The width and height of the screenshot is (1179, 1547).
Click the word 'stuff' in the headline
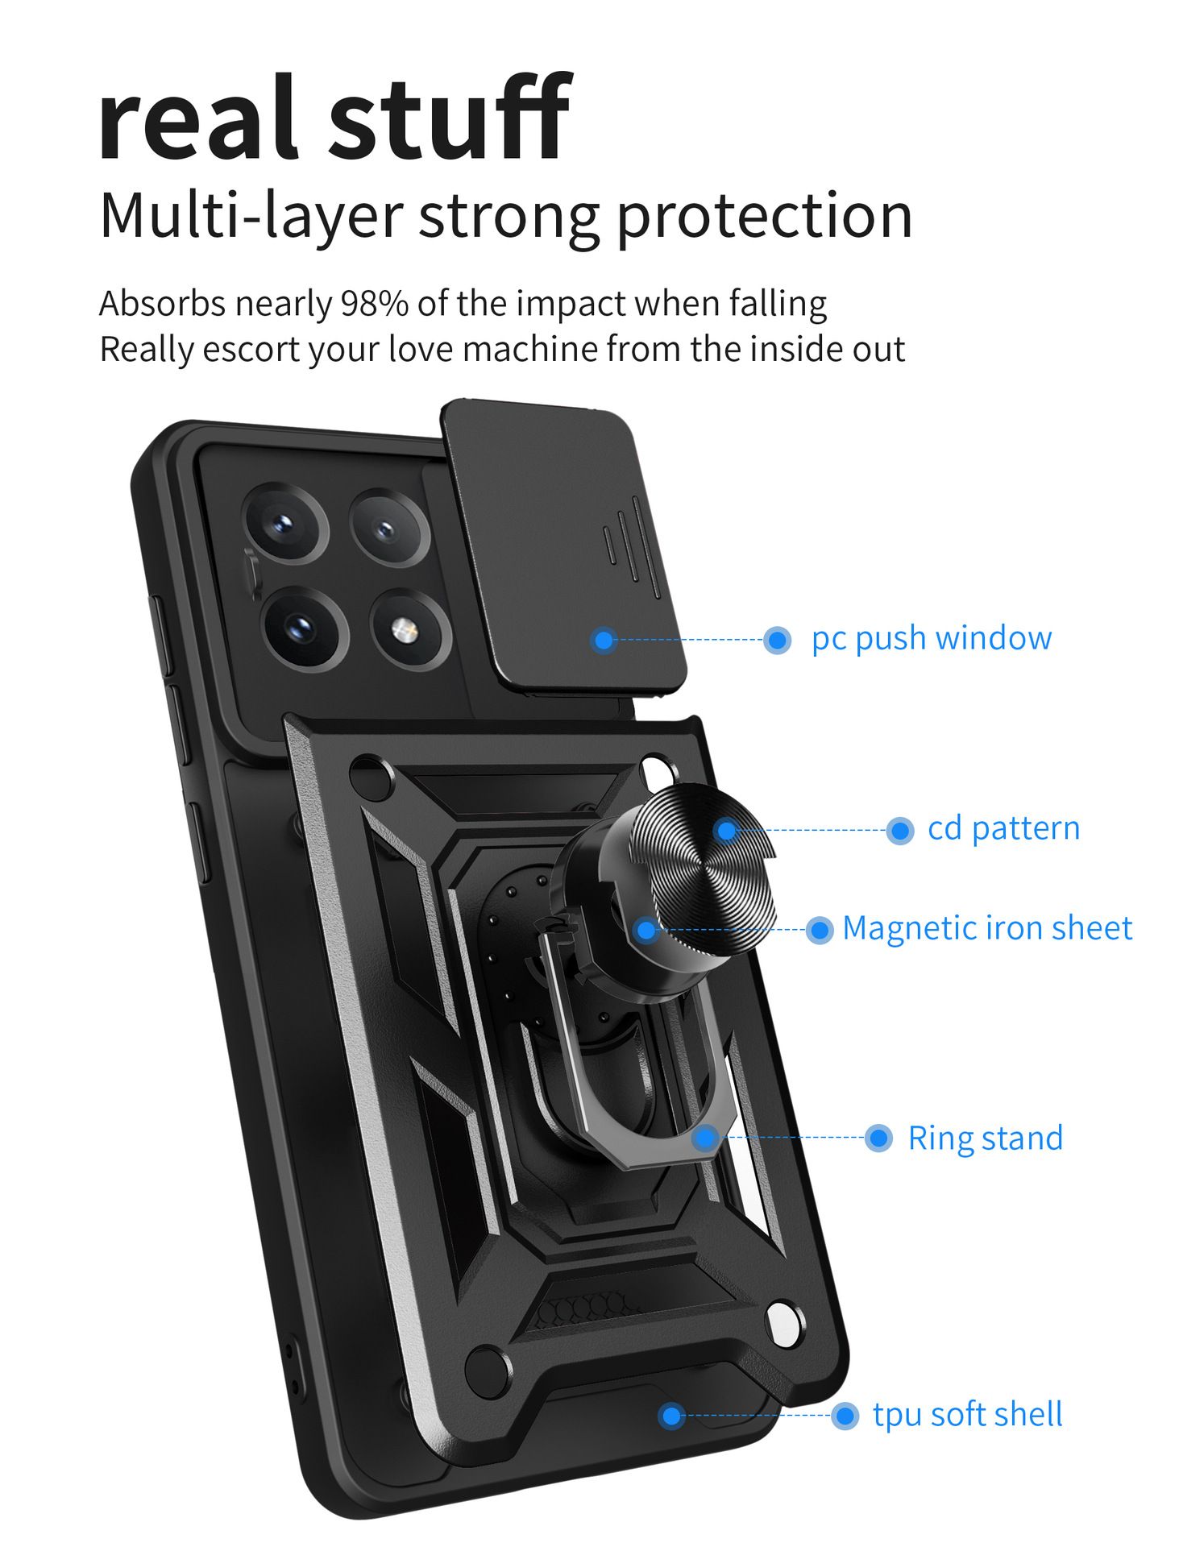449,119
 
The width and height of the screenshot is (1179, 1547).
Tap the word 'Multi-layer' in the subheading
250,216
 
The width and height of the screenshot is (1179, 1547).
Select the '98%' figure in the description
374,304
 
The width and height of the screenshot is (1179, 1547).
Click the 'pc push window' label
931,638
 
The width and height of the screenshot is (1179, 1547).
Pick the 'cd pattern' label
1003,828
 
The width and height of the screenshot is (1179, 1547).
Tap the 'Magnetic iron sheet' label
987,928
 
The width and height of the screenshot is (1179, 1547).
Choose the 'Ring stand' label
985,1138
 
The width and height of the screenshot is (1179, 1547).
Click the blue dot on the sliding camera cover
604,641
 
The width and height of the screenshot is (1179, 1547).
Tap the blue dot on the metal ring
705,1138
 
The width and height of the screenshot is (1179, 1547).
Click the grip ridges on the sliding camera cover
633,548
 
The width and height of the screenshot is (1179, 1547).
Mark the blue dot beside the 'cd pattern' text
899,830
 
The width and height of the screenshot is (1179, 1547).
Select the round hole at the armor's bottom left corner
487,1369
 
